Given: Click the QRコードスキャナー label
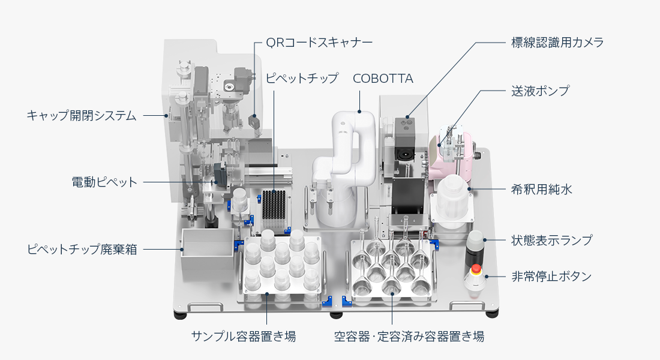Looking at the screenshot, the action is [319, 43].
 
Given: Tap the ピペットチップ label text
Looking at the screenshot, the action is [302, 79].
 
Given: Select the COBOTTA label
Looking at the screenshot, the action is [383, 79].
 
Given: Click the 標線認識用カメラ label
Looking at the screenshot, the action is [557, 43].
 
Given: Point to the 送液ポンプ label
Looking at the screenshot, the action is [540, 91].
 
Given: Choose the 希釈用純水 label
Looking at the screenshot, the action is [542, 190].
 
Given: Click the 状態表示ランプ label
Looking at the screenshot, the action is [551, 241].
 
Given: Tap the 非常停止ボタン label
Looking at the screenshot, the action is [551, 277].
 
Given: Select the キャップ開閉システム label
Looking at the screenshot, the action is [82, 115].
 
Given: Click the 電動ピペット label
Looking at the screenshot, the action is [104, 182].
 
